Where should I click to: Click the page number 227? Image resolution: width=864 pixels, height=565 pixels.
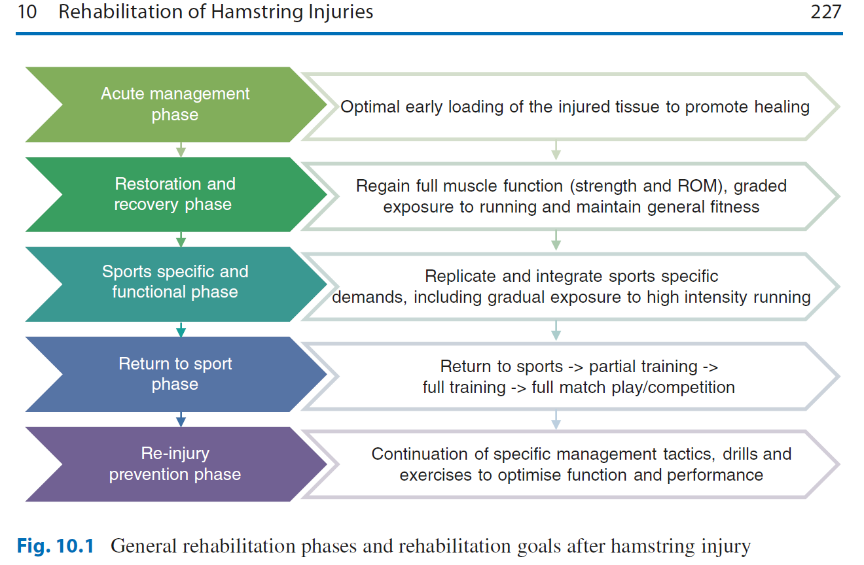click(826, 12)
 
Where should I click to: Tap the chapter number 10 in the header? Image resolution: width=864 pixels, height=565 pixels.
click(27, 12)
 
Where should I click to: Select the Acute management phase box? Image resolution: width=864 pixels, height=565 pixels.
click(176, 105)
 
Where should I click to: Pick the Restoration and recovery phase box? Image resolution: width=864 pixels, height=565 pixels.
click(176, 194)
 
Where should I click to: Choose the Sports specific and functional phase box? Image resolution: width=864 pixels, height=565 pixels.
click(176, 284)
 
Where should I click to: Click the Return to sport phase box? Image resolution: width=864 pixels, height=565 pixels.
click(176, 374)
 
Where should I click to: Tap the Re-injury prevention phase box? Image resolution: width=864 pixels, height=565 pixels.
click(176, 464)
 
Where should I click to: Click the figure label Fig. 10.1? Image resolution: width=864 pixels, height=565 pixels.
click(56, 546)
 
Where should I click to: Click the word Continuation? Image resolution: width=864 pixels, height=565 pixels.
click(420, 454)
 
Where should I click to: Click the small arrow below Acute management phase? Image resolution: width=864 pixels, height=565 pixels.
click(181, 150)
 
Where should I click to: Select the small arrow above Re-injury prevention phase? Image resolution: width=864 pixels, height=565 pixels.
click(181, 419)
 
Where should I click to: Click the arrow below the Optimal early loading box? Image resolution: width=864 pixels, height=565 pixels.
click(556, 150)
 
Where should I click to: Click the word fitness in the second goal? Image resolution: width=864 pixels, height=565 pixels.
click(734, 207)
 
